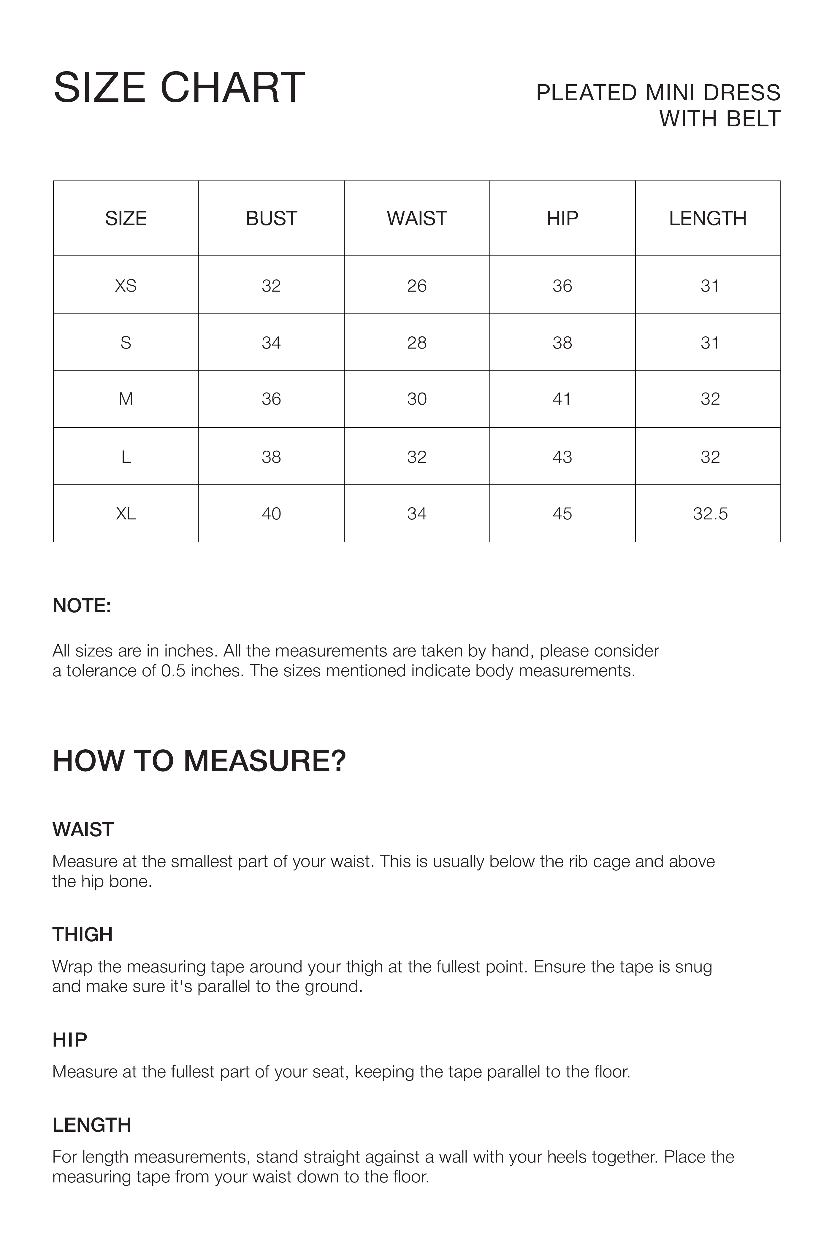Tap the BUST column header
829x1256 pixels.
point(271,218)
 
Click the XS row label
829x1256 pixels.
point(126,286)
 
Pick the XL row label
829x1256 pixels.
point(126,513)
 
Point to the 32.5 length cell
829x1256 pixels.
point(710,513)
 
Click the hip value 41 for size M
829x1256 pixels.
point(562,399)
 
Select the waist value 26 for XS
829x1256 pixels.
point(417,286)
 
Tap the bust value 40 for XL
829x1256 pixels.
point(271,513)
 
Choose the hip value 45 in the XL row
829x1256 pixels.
point(562,513)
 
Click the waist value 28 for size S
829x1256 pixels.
point(417,343)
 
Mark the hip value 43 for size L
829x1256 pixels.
point(562,457)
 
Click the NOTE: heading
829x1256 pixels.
point(82,606)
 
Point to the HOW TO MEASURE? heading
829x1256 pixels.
point(199,761)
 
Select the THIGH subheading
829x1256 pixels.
point(83,935)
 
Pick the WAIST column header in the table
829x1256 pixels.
point(417,218)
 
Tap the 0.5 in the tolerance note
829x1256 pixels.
point(172,671)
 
